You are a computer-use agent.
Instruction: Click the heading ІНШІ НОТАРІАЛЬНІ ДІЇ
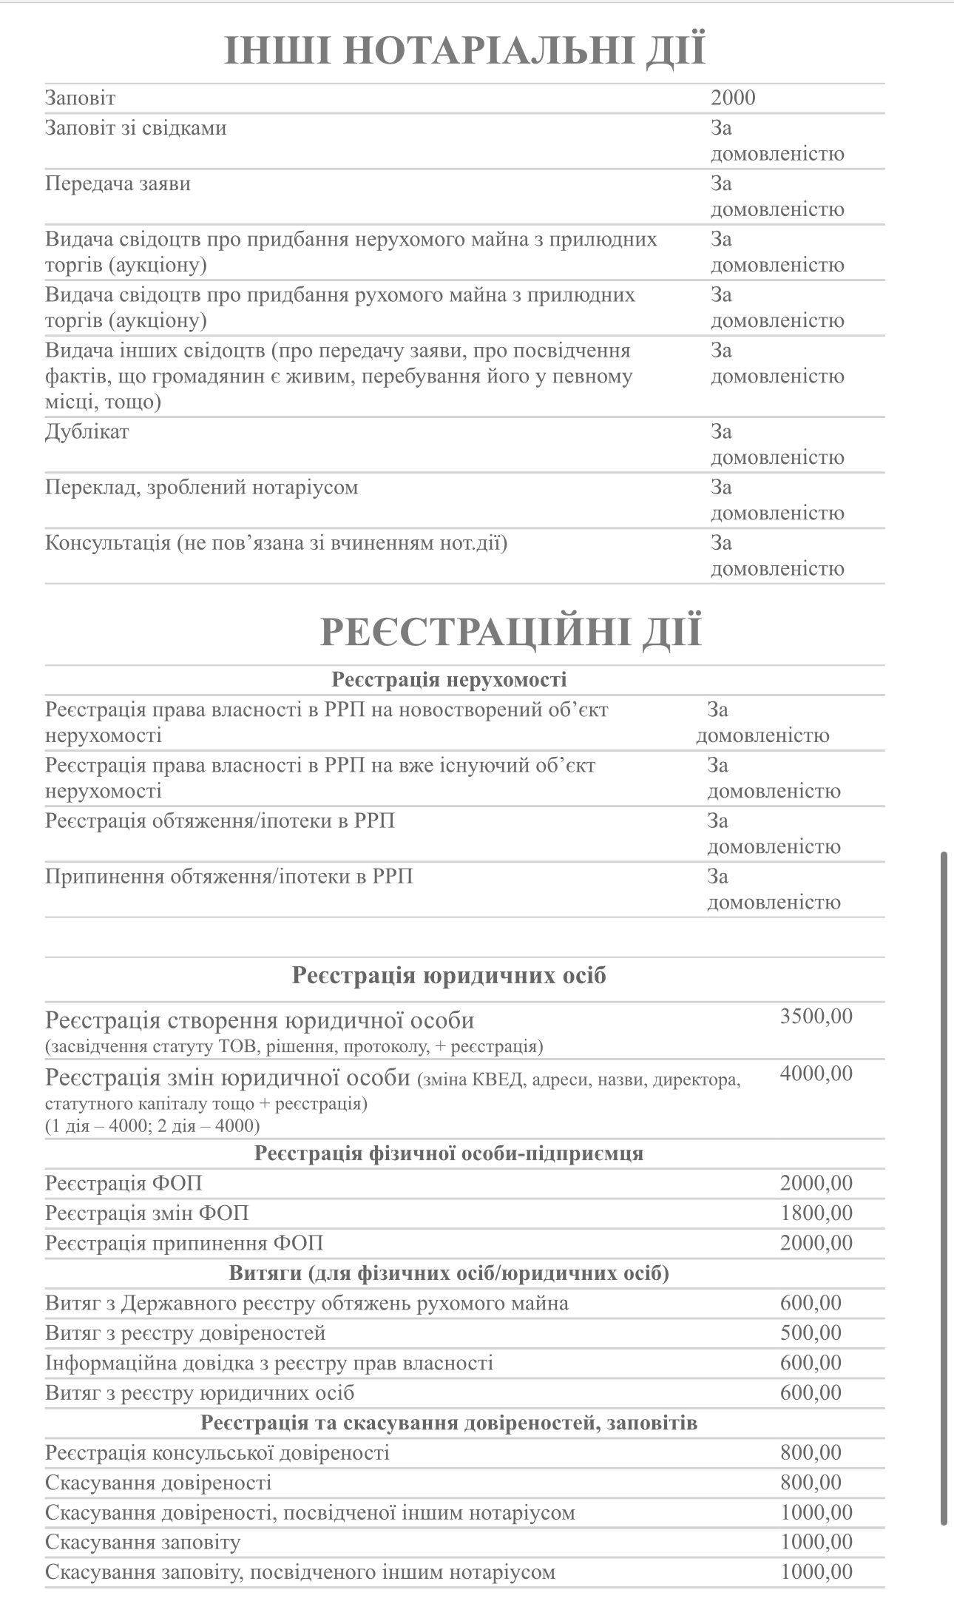[x=464, y=50]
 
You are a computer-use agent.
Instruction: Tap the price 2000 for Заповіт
[x=733, y=98]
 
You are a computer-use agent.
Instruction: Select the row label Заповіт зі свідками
[x=136, y=128]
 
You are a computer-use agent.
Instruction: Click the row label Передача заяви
[x=118, y=183]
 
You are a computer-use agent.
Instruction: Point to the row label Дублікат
[x=87, y=431]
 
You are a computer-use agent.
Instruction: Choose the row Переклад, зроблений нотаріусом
[x=202, y=488]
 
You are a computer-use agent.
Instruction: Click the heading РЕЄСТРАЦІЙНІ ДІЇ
[x=510, y=632]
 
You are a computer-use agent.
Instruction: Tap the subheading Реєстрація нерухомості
[x=449, y=679]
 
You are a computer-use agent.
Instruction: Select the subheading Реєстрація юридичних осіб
[x=449, y=975]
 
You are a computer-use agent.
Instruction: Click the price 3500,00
[x=816, y=1016]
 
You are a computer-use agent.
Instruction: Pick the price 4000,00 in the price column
[x=816, y=1074]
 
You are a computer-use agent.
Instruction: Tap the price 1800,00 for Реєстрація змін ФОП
[x=816, y=1213]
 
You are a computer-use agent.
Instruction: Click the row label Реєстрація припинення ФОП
[x=184, y=1243]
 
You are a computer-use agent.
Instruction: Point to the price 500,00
[x=811, y=1333]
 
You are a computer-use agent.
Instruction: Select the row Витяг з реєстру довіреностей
[x=186, y=1333]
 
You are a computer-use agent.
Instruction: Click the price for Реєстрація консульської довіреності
[x=811, y=1452]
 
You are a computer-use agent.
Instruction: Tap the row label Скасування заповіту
[x=143, y=1543]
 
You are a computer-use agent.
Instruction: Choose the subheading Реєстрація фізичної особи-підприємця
[x=449, y=1153]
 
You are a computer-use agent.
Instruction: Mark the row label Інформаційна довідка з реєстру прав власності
[x=269, y=1363]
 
